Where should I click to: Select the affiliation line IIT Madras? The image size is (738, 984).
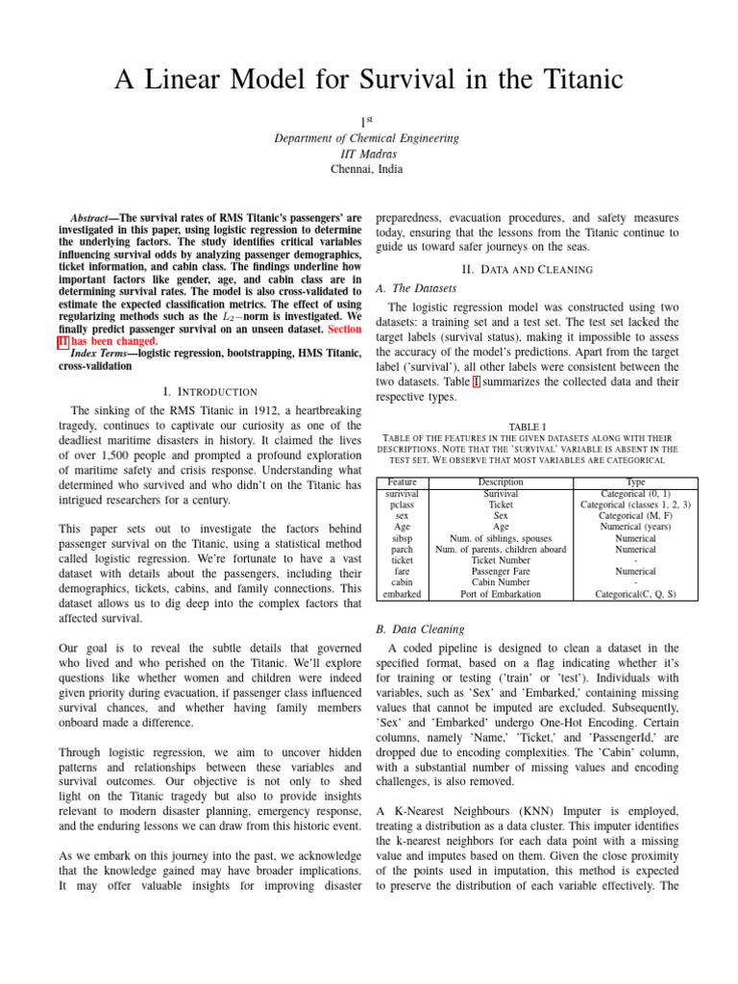click(368, 154)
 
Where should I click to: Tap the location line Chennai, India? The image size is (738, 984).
click(368, 169)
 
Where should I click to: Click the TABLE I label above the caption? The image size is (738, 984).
click(527, 425)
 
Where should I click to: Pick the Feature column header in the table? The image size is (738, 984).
click(403, 481)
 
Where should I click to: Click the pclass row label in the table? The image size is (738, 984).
click(403, 504)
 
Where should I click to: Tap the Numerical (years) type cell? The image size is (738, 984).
click(635, 527)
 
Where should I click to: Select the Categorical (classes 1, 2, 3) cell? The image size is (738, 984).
click(635, 504)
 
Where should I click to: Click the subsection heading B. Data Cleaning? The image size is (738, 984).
click(420, 629)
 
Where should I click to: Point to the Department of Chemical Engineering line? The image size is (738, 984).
click(368, 138)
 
